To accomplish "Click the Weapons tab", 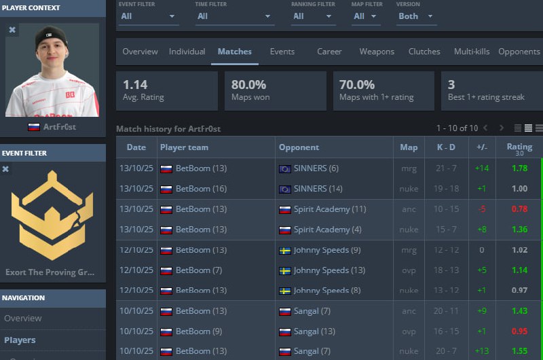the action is tap(377, 52).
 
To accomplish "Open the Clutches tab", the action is tap(424, 52).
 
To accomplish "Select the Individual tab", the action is tap(187, 52).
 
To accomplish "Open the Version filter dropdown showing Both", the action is tap(415, 16).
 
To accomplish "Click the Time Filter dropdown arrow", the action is tap(267, 16).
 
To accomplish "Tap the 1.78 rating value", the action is tap(519, 168).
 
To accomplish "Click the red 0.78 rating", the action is tap(519, 209).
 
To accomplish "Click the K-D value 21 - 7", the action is tap(446, 168).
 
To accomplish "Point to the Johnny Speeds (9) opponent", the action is tap(327, 250).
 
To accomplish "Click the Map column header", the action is tap(409, 147).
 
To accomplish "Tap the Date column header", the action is tap(136, 147).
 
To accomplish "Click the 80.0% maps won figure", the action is tap(248, 84).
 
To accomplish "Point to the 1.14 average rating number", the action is tap(135, 84).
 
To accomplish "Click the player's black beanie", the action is tap(52, 36).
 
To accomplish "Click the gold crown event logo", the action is tap(52, 215).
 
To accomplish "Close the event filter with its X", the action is tap(5, 169).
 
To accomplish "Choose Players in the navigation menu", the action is tap(20, 340).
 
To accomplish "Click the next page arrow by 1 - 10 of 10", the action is tap(501, 128).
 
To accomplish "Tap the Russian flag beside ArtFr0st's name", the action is tap(33, 127).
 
